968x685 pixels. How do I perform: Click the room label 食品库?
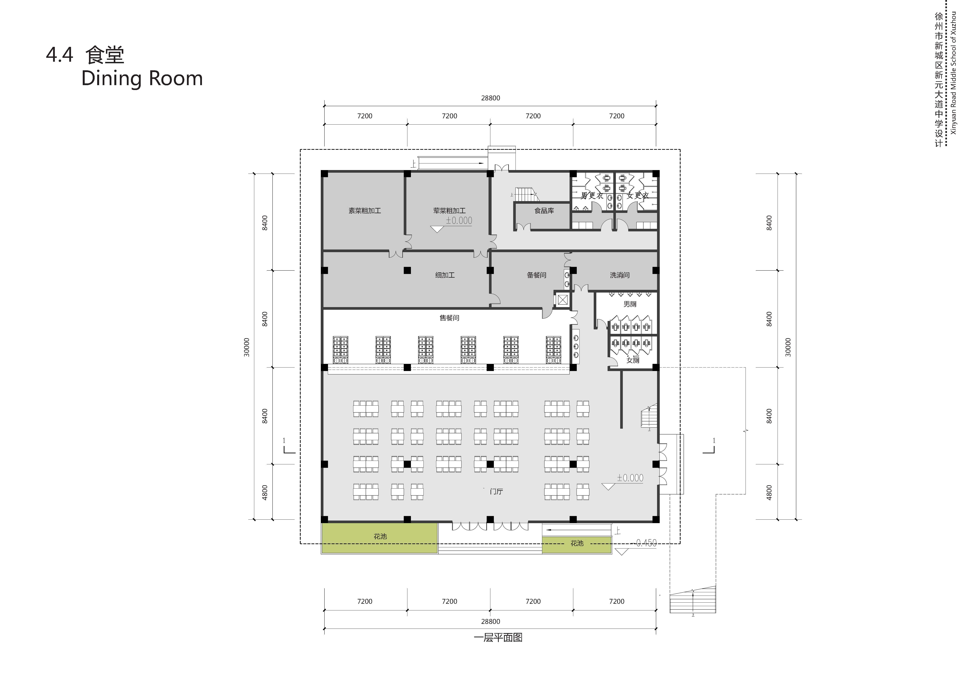click(x=544, y=210)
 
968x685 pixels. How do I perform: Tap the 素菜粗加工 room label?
click(x=364, y=210)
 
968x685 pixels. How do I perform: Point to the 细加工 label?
click(x=445, y=275)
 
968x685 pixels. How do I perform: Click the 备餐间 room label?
click(x=536, y=275)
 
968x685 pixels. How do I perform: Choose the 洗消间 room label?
click(x=619, y=275)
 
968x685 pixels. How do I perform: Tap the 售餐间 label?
click(x=449, y=318)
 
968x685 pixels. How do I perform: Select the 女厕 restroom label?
click(x=632, y=360)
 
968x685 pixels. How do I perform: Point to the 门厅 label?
click(x=496, y=491)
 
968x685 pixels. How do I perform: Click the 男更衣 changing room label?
click(x=592, y=195)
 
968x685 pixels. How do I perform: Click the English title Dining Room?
click(x=142, y=78)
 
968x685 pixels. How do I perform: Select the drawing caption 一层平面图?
click(x=498, y=637)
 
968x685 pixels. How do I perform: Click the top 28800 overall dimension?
click(x=490, y=98)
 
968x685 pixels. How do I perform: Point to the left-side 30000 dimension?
click(x=247, y=347)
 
